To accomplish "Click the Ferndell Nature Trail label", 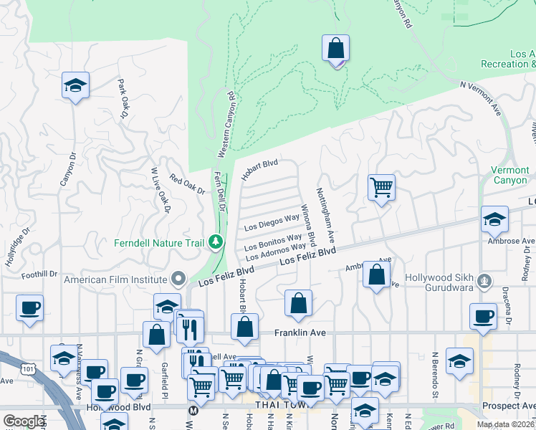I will tap(159, 243).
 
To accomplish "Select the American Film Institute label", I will tap(117, 279).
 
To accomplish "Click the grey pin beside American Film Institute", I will tap(178, 279).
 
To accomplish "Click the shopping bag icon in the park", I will tap(335, 49).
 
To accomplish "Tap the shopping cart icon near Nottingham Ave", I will tap(381, 188).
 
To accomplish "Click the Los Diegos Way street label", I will tap(272, 222).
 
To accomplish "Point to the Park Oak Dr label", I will tap(123, 99).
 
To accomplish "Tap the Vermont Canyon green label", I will tap(509, 176).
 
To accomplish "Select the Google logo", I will tap(24, 421).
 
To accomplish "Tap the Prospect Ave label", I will tap(509, 406).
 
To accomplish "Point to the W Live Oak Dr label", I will tap(158, 190).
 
